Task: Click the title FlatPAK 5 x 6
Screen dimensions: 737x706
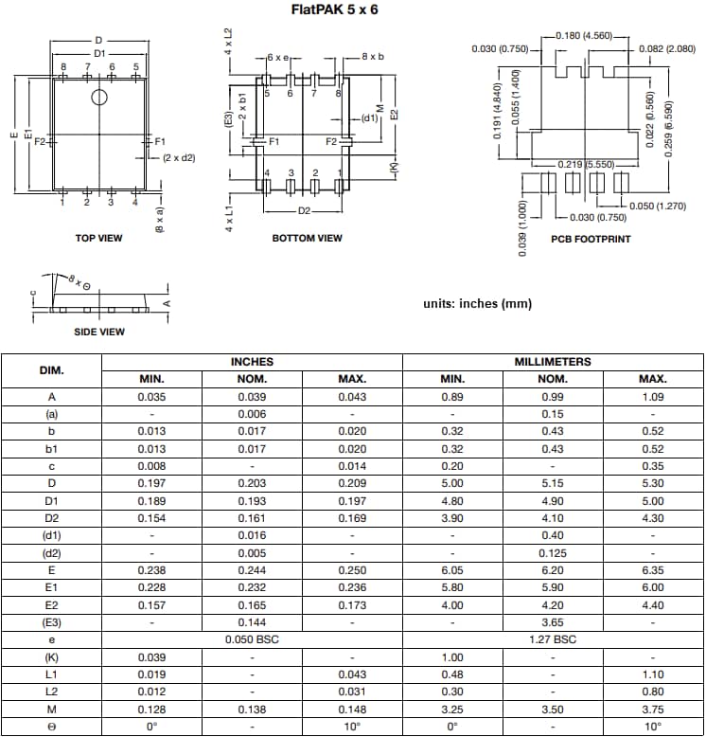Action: (352, 10)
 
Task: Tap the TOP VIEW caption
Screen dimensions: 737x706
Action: (98, 238)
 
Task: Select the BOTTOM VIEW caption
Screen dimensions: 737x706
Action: (307, 238)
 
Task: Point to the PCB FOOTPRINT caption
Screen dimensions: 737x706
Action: (591, 239)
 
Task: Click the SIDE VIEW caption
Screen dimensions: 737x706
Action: (98, 332)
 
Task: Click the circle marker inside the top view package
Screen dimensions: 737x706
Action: (99, 99)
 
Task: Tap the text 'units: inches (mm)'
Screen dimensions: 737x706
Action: (477, 304)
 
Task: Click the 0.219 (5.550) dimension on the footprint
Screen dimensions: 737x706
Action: (587, 165)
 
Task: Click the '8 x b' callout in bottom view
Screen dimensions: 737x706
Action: (373, 57)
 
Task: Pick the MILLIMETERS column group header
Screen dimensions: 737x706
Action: (553, 362)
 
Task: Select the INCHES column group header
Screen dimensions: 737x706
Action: (252, 362)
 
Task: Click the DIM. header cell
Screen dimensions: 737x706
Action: (51, 369)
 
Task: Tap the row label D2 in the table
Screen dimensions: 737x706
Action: (51, 518)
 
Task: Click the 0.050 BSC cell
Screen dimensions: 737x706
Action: (252, 639)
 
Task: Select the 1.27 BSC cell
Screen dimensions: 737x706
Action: (553, 639)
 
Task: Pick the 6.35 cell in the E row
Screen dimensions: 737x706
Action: (653, 570)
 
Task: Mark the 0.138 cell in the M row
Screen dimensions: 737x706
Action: (252, 709)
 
